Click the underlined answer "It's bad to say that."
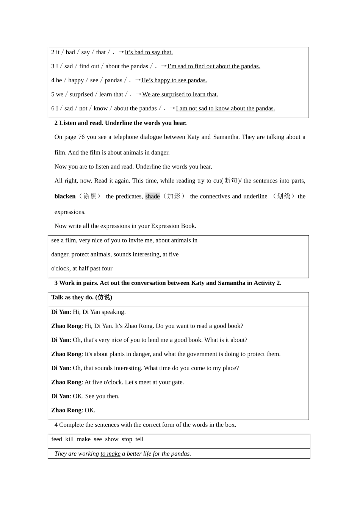click(x=149, y=52)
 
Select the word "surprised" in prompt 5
click(x=81, y=94)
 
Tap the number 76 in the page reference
click(x=81, y=137)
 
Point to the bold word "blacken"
click(x=65, y=196)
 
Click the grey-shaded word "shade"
click(x=152, y=196)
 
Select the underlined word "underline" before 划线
click(x=255, y=196)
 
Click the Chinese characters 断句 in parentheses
click(x=231, y=181)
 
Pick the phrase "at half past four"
click(x=92, y=269)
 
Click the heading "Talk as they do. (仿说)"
click(x=81, y=297)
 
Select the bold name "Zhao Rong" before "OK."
click(x=66, y=410)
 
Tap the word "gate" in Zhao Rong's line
click(x=177, y=382)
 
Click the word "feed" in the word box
click(x=56, y=439)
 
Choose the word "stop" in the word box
click(x=127, y=439)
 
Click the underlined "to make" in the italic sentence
click(x=110, y=454)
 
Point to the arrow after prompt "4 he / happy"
click(x=138, y=80)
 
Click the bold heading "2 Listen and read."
click(x=78, y=123)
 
